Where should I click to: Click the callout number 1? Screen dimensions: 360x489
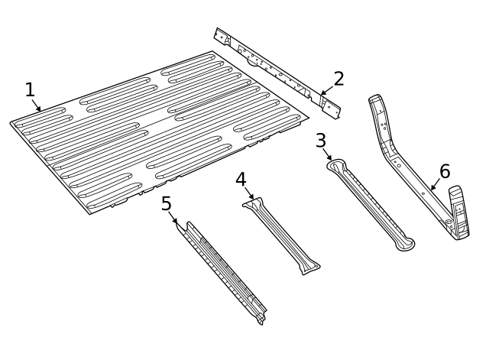pyautogui.click(x=30, y=90)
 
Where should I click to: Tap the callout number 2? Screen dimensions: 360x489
pyautogui.click(x=338, y=78)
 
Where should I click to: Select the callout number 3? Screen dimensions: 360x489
pyautogui.click(x=321, y=140)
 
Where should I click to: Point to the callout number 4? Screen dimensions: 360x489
pyautogui.click(x=241, y=180)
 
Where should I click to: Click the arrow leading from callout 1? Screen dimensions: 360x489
pyautogui.click(x=36, y=105)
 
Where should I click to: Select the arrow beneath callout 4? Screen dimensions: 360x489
pyautogui.click(x=249, y=193)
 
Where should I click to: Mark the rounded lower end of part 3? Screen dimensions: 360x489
pyautogui.click(x=403, y=244)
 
